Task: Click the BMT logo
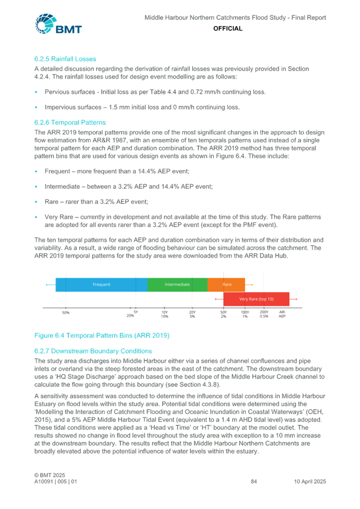(58, 24)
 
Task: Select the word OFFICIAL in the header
(228, 29)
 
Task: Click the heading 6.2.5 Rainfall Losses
(65, 59)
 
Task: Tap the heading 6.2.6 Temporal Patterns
(70, 123)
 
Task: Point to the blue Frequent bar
(101, 285)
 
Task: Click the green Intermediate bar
(177, 285)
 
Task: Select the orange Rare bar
(226, 285)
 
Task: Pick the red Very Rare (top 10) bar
(257, 299)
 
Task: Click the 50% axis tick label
(66, 312)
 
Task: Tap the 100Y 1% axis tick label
(245, 314)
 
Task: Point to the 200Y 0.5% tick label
(264, 314)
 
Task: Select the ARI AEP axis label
(282, 314)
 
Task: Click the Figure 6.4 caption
(102, 336)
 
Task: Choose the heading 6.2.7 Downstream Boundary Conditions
(93, 351)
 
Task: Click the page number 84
(254, 481)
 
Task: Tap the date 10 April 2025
(310, 481)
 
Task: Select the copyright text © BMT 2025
(50, 475)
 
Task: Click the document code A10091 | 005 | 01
(56, 481)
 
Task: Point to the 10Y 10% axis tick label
(164, 314)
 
